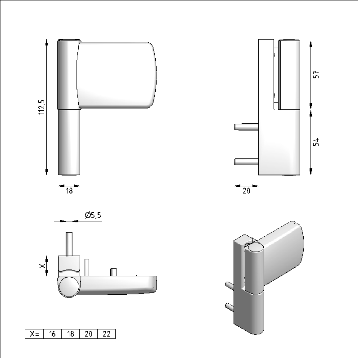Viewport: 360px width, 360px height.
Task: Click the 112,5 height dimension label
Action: coord(41,107)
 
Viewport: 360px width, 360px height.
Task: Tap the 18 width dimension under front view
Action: coord(69,191)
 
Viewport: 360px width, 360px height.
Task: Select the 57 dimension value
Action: coord(316,74)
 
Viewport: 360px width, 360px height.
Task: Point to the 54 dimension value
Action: coord(316,142)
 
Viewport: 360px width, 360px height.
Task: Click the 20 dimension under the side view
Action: coord(246,191)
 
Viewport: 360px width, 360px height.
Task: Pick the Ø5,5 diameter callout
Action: coord(93,215)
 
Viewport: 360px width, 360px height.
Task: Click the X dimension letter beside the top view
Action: coord(42,266)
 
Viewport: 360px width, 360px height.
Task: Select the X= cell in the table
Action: coord(34,334)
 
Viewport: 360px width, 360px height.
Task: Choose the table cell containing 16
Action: coord(52,334)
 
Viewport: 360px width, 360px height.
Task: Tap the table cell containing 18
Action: coord(71,334)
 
